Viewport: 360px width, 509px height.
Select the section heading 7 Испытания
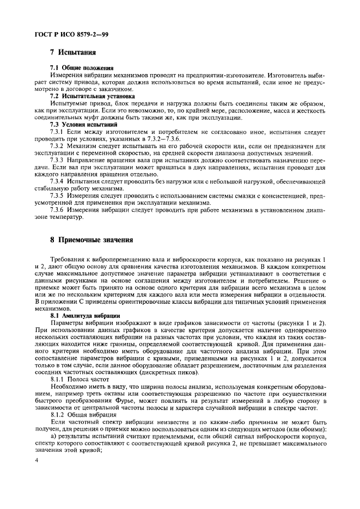pyautogui.click(x=73, y=53)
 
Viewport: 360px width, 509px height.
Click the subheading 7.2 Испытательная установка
pyautogui.click(x=92, y=95)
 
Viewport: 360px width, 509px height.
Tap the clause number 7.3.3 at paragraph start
pyautogui.click(x=58, y=160)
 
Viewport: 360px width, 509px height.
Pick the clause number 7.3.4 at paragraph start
pyautogui.click(x=58, y=181)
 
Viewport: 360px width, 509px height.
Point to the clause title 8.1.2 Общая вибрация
pyautogui.click(x=82, y=422)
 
